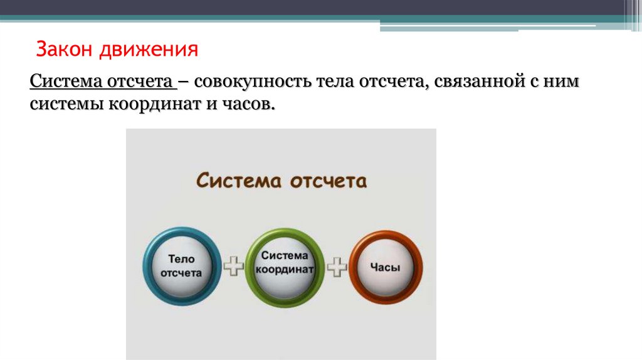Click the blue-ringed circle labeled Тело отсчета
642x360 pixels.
[182, 267]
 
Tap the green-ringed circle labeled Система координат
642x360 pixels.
[285, 267]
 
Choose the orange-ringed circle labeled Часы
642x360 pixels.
[386, 267]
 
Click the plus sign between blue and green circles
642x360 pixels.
[233, 267]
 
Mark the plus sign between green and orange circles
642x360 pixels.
[337, 267]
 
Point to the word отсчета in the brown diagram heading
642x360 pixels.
[328, 181]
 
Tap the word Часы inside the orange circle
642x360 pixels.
[385, 267]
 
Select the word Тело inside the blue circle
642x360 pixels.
[182, 258]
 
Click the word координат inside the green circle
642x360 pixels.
[285, 268]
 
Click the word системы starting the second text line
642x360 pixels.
[67, 105]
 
